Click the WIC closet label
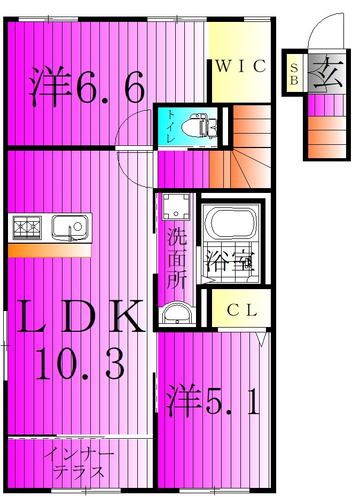(240, 66)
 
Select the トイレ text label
(170, 127)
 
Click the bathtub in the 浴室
(231, 224)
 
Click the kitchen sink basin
(70, 227)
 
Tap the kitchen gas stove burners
(27, 228)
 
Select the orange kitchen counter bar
(49, 251)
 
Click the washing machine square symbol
(176, 206)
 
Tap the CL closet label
(242, 310)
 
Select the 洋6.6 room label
(87, 86)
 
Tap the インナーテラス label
(79, 463)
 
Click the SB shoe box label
(294, 73)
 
